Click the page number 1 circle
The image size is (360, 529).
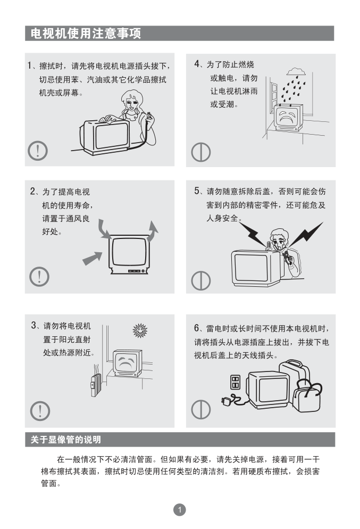click(179, 509)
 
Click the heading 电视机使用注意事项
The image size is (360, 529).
click(86, 34)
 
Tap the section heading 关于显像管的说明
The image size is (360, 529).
click(66, 440)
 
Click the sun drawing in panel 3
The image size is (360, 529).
click(140, 330)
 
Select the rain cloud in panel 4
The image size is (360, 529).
click(296, 71)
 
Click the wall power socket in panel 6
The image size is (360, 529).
click(235, 382)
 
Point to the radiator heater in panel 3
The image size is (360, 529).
click(96, 384)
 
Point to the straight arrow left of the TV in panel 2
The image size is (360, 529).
click(93, 259)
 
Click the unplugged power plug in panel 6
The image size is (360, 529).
click(227, 400)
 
